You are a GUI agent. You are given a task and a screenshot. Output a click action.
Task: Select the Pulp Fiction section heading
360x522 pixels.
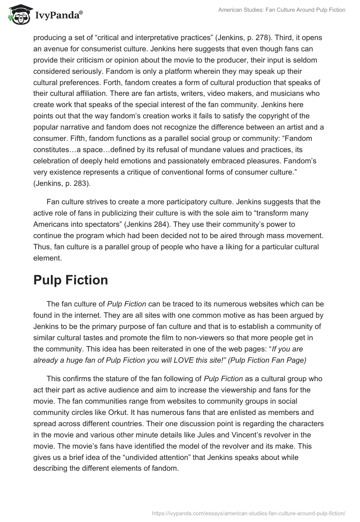click(x=71, y=280)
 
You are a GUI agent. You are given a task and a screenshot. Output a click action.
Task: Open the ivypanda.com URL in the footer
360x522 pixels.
click(x=248, y=513)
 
